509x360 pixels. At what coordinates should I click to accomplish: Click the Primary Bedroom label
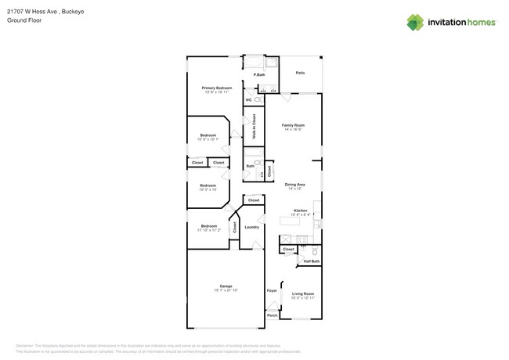point(217,88)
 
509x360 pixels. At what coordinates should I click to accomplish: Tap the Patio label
point(300,73)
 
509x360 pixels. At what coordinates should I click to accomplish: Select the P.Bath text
point(259,74)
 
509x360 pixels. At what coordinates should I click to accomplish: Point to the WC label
point(248,100)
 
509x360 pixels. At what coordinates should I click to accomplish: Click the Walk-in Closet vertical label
point(254,126)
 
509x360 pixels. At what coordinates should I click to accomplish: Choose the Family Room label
point(294,124)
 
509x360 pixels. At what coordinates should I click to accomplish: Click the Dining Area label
point(295,185)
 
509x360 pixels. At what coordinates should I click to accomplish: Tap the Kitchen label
point(301,210)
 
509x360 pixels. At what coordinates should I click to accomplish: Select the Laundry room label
point(251,227)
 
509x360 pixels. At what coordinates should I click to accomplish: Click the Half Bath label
point(311,261)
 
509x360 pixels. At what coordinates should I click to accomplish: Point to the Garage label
point(226,286)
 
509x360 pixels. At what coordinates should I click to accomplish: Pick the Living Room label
point(302,293)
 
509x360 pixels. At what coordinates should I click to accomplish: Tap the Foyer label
point(272,290)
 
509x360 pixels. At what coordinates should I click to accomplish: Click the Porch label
point(272,315)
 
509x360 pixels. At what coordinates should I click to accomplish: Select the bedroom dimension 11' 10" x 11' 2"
point(208,231)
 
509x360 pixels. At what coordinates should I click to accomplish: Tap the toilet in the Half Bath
point(315,251)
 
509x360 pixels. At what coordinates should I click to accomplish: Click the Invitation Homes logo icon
point(415,23)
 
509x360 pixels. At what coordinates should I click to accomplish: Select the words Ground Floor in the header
point(24,20)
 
